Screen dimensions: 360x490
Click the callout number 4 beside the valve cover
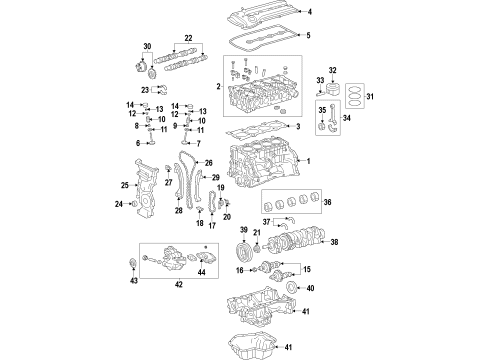pos(309,12)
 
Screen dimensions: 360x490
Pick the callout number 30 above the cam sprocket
pos(147,47)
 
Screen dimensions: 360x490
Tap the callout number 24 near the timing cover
pos(118,204)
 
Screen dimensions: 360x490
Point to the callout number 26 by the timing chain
pos(209,163)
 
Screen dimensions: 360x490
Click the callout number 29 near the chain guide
pos(215,178)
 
